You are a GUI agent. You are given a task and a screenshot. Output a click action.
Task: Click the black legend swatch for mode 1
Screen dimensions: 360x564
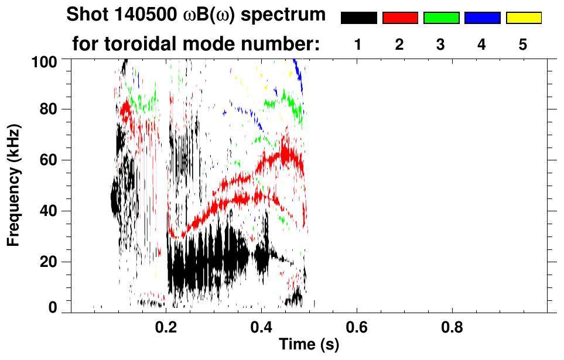coord(359,18)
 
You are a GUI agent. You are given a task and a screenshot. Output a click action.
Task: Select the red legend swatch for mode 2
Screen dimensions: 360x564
coord(400,18)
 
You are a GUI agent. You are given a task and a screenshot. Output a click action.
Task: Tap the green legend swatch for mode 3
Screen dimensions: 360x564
coord(441,18)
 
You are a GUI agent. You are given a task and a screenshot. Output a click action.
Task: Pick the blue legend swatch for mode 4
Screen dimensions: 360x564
coord(482,18)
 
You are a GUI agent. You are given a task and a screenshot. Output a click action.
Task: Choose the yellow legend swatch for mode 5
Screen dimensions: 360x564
coord(524,18)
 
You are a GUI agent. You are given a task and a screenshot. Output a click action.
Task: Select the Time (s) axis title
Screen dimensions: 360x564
coord(308,346)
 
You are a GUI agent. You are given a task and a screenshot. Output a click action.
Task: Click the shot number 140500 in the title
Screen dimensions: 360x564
coord(145,15)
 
